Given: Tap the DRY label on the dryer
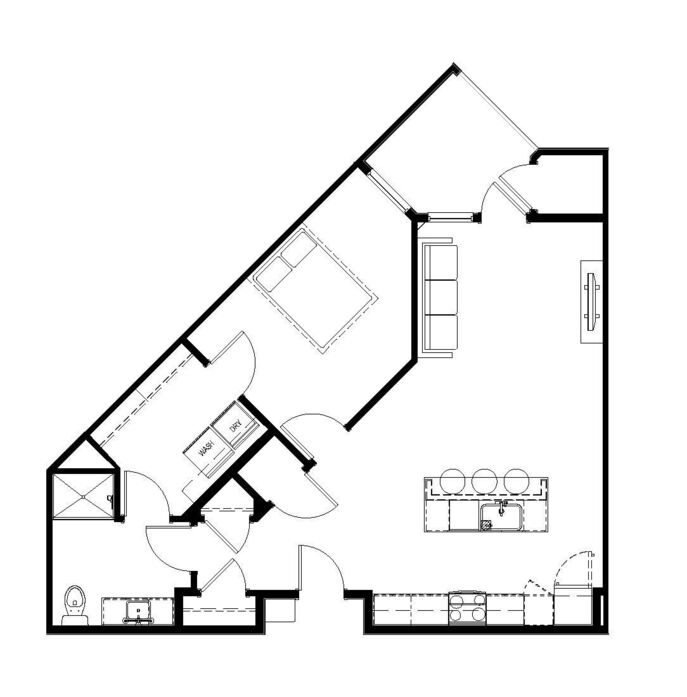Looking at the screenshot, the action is (x=236, y=427).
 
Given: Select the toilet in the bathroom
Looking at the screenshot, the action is (x=74, y=605).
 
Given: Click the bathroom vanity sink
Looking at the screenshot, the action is (x=138, y=612).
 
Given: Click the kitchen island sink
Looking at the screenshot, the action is (x=501, y=517).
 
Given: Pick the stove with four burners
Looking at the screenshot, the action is (x=467, y=608).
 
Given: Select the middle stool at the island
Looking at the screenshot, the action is (x=484, y=481).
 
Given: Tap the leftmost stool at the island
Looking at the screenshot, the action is (x=452, y=481).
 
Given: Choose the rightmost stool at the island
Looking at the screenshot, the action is (x=516, y=481).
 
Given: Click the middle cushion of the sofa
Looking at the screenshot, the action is (x=441, y=297).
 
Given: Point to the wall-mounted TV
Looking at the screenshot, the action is (x=592, y=302).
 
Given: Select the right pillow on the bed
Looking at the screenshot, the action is (x=299, y=249).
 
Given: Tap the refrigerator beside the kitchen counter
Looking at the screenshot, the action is (x=572, y=605).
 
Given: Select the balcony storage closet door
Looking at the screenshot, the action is (x=513, y=196).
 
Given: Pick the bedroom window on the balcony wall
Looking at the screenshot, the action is (x=387, y=192).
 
